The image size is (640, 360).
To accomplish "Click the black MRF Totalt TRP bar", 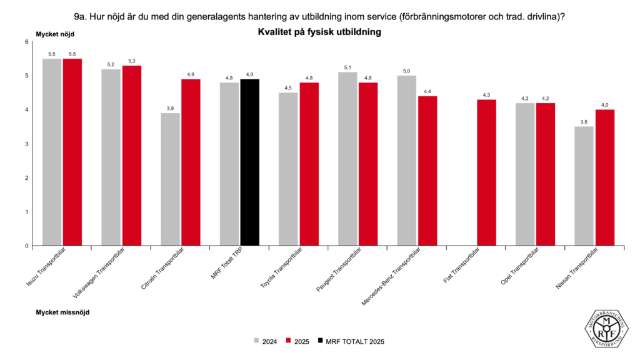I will (x=249, y=162).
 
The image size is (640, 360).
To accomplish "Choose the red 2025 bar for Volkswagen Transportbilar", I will (x=132, y=156).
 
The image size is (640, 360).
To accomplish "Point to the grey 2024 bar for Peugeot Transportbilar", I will (x=347, y=159).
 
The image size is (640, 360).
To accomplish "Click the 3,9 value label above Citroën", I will (x=170, y=109).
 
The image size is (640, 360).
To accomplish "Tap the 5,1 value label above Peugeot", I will (x=347, y=67).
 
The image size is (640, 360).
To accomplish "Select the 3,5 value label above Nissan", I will (x=584, y=122).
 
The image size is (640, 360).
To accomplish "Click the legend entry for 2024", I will (x=265, y=341).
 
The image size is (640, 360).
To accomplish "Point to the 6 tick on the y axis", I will (x=27, y=42).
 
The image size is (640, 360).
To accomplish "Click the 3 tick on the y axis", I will (x=27, y=144).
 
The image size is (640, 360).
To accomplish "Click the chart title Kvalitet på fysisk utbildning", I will (x=319, y=31).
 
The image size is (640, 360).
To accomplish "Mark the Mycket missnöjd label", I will (x=62, y=311).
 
